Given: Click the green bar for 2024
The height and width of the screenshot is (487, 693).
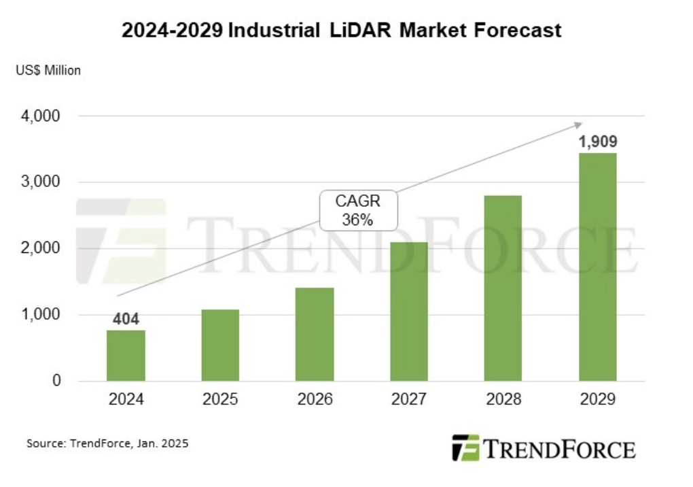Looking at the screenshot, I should click(126, 355).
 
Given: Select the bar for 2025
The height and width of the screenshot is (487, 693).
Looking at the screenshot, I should click(220, 345).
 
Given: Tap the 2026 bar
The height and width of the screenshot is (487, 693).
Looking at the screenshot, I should click(315, 334).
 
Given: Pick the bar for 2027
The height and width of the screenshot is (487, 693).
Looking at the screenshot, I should click(409, 311).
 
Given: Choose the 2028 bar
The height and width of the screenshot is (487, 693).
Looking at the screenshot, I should click(503, 288).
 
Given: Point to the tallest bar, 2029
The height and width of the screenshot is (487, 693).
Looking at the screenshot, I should click(598, 267).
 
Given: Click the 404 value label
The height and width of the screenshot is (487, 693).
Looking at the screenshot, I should click(126, 318).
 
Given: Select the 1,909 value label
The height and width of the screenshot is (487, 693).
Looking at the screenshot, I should click(598, 142).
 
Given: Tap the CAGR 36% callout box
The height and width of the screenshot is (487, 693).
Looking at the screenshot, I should click(357, 211).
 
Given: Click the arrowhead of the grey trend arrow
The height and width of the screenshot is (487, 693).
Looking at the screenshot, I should click(579, 124).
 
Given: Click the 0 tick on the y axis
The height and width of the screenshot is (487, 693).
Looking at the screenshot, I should click(57, 381).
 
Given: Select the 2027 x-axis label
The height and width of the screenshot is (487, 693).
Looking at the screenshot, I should click(409, 399).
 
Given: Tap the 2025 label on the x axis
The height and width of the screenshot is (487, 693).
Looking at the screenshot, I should click(220, 399).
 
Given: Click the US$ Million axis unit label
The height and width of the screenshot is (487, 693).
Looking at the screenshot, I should click(49, 70).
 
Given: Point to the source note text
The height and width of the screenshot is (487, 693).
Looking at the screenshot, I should click(107, 443).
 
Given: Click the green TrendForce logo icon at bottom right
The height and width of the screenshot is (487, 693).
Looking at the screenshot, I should click(465, 448).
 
